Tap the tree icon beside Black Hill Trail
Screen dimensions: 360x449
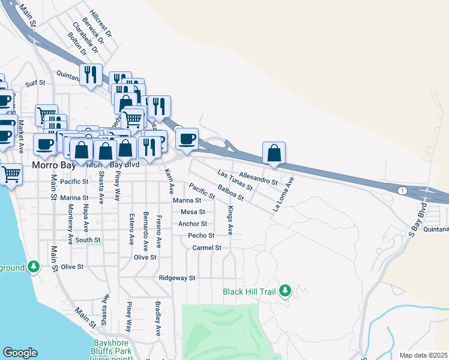click(286, 291)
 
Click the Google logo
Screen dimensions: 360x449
click(20, 353)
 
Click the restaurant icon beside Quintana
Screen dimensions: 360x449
click(91, 74)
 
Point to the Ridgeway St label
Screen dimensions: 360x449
click(177, 278)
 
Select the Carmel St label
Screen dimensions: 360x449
click(206, 248)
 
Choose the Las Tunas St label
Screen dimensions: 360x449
click(235, 180)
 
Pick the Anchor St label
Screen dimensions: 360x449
click(192, 224)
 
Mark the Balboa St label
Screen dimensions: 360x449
click(231, 193)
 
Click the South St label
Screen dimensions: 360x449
click(88, 240)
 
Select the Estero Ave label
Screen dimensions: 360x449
click(131, 228)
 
